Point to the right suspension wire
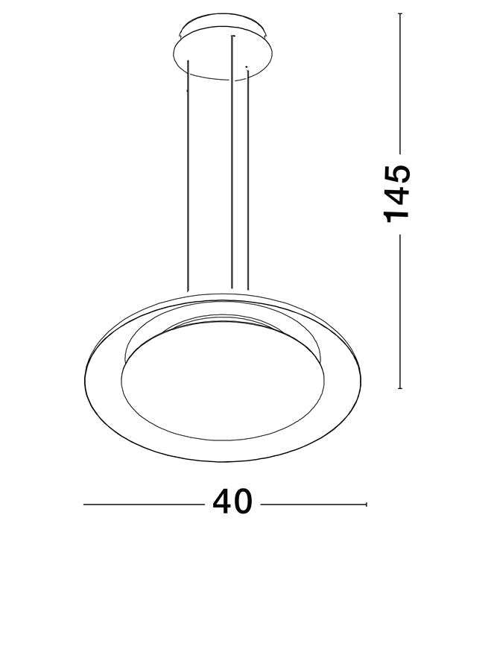247,179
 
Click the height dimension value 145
397,192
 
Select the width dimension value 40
232,502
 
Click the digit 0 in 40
244,502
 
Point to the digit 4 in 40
222,502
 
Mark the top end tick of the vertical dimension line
401,14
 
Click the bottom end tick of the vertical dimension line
401,388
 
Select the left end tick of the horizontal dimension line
84,504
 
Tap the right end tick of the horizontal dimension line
366,504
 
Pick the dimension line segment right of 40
313,504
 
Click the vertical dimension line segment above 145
401,82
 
